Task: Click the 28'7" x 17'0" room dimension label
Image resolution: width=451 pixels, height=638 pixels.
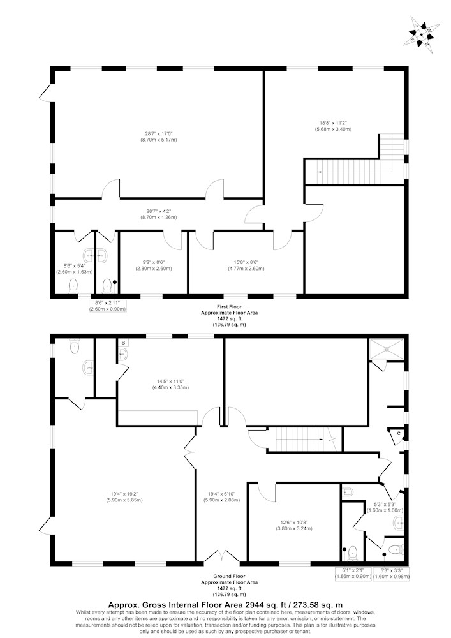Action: click(161, 137)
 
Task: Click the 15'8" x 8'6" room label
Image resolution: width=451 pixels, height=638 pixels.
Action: click(245, 265)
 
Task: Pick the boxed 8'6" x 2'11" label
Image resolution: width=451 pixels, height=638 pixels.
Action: click(108, 306)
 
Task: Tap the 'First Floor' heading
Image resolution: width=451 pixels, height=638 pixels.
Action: click(230, 307)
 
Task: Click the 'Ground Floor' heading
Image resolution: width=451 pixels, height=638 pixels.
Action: click(230, 576)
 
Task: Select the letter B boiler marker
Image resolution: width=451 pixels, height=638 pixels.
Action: click(123, 343)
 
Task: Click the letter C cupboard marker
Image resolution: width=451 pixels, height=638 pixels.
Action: click(399, 433)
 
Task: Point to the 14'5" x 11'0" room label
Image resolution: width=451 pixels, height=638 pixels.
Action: click(173, 385)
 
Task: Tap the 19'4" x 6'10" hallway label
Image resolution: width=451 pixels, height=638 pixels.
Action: click(221, 497)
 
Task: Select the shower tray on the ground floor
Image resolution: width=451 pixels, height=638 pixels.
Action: click(387, 348)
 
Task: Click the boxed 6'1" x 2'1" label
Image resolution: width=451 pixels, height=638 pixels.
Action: click(353, 574)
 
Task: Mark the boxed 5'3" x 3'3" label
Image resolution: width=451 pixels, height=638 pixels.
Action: click(391, 574)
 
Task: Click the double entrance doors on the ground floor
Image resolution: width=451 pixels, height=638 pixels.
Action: click(222, 557)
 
